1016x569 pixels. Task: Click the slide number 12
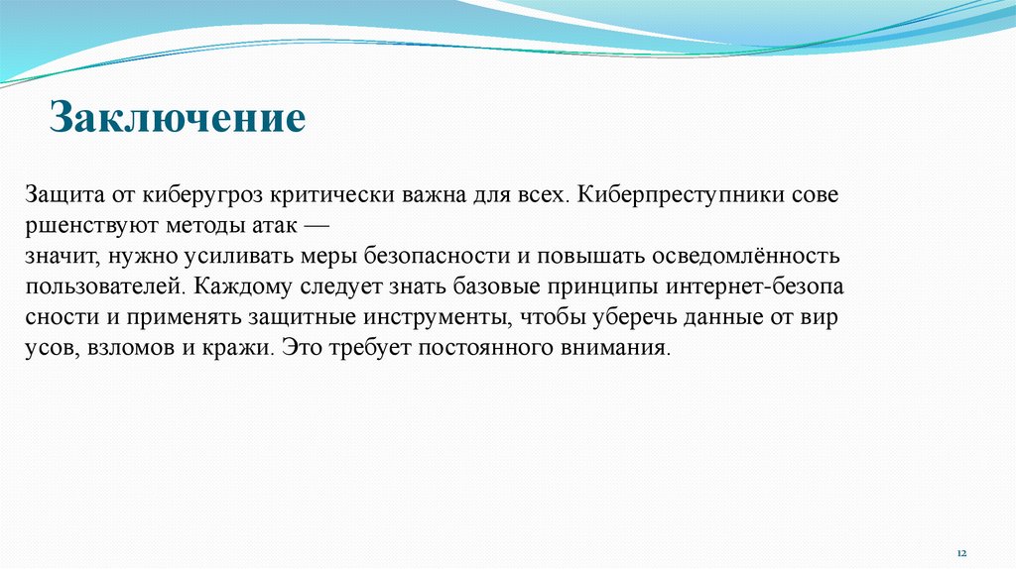pos(960,551)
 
